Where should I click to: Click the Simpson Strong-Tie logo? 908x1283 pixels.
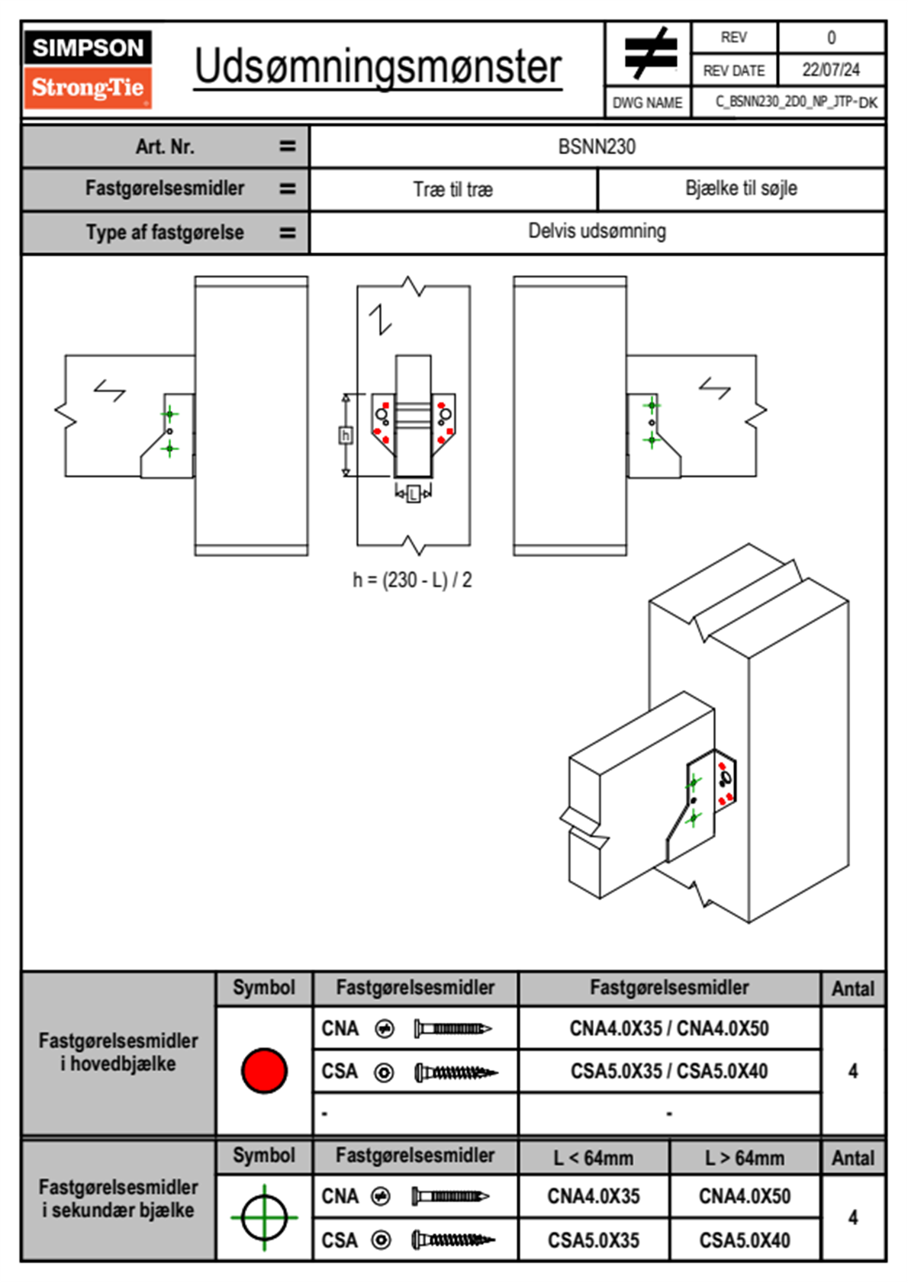[88, 69]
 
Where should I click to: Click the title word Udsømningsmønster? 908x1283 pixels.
[378, 67]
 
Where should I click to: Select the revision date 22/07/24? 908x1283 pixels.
[830, 70]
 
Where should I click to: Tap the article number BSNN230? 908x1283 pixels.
[597, 146]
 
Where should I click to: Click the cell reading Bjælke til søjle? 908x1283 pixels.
[741, 188]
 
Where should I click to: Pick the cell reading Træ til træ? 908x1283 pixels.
[453, 189]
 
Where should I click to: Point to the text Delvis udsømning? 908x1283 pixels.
[597, 231]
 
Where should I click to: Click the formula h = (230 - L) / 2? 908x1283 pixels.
[412, 580]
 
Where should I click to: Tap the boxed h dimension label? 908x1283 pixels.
[346, 436]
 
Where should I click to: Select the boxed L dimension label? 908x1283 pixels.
[413, 494]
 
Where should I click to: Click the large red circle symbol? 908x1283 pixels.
[264, 1070]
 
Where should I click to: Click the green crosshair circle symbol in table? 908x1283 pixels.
[264, 1217]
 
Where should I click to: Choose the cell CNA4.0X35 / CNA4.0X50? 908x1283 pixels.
[669, 1028]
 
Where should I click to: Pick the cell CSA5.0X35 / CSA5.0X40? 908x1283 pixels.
[669, 1071]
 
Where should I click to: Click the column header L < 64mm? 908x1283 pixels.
[594, 1158]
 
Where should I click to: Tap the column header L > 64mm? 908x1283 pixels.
[745, 1158]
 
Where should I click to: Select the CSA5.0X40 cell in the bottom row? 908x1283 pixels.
[745, 1240]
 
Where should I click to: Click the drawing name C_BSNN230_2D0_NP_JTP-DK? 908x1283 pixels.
[796, 102]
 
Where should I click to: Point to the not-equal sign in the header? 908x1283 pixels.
[650, 53]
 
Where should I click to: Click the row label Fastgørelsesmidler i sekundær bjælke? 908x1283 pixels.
[118, 1198]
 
